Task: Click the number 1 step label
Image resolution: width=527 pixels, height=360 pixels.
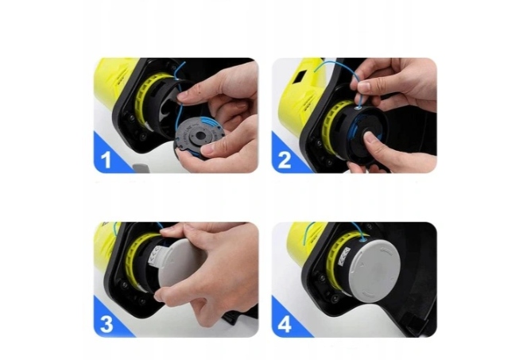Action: tap(106, 160)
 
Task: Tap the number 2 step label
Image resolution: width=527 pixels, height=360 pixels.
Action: tap(285, 161)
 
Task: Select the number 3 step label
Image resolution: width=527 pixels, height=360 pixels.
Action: tap(107, 324)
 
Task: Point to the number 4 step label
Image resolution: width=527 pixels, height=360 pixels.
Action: tap(285, 325)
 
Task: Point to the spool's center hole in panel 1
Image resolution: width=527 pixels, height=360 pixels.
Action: tap(200, 135)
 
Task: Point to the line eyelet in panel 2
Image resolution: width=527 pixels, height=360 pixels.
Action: tap(359, 108)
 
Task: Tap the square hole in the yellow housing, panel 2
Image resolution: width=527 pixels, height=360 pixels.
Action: tap(300, 77)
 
